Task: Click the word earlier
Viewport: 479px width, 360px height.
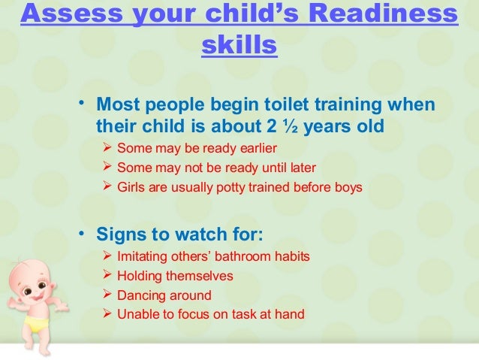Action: (x=252, y=147)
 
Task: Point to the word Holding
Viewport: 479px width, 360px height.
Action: (x=140, y=276)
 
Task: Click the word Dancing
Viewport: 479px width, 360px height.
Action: (x=141, y=295)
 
